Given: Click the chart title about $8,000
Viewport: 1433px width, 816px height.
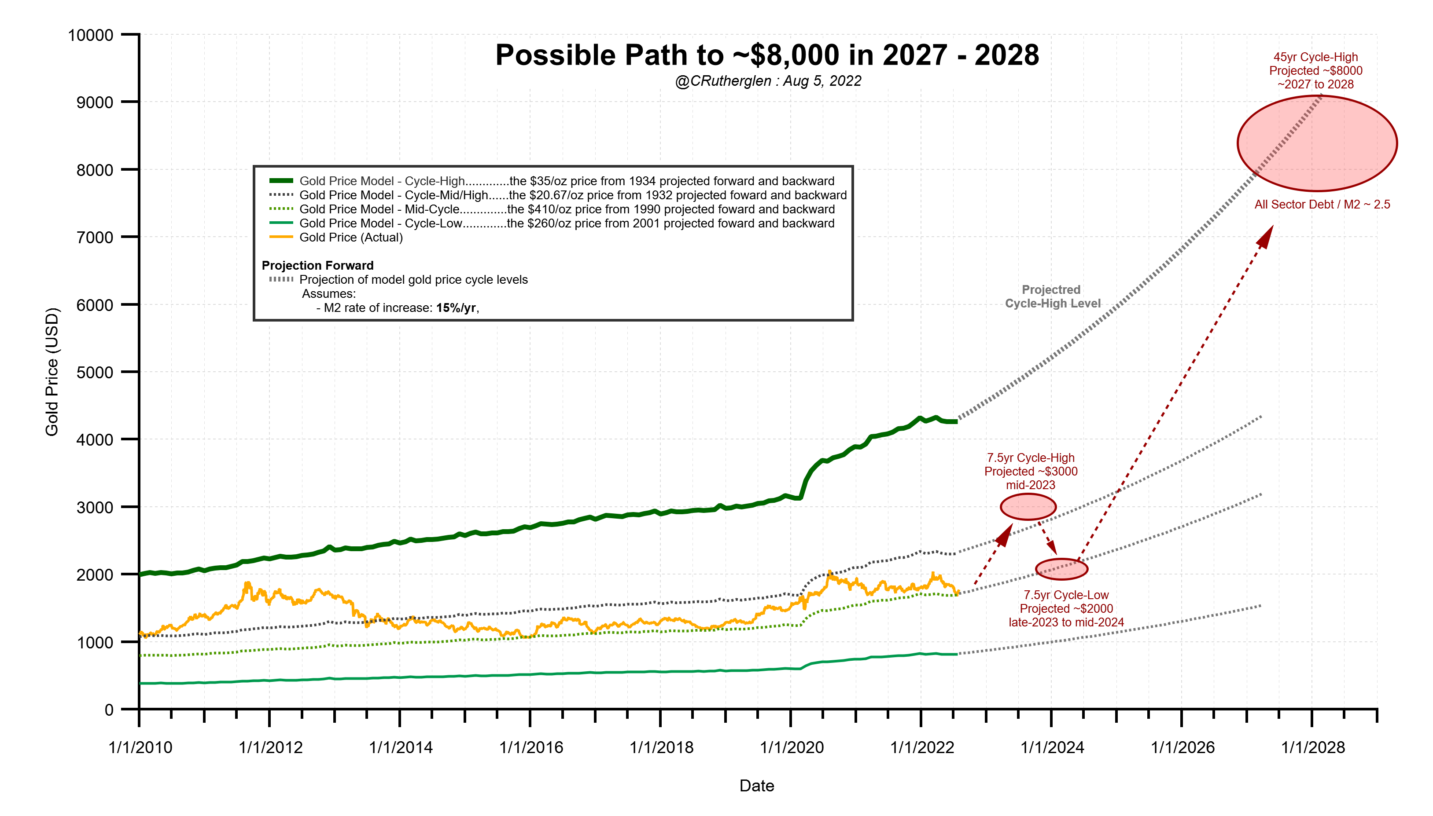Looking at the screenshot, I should pos(767,55).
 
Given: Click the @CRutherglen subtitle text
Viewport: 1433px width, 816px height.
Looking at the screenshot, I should pos(768,81).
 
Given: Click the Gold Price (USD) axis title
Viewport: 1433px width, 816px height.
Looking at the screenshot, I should pos(52,372).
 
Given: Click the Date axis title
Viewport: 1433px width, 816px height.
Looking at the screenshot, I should pos(757,785).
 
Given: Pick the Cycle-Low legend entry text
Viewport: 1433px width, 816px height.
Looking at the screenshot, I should pos(567,223).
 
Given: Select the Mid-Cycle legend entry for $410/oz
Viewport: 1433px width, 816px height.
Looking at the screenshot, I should pos(567,209).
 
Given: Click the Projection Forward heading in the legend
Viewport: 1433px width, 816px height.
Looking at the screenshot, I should pos(317,266).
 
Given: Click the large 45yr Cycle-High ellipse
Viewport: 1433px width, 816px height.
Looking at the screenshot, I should pos(1316,143).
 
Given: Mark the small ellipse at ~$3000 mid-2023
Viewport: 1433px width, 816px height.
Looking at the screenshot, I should pos(1028,507).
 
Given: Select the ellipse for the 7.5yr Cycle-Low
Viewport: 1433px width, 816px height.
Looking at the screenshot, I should pos(1061,569).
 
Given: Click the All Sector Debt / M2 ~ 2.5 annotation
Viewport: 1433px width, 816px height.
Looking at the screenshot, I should pos(1322,205).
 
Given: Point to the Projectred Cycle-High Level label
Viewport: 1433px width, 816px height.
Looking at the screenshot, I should pos(1052,296).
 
